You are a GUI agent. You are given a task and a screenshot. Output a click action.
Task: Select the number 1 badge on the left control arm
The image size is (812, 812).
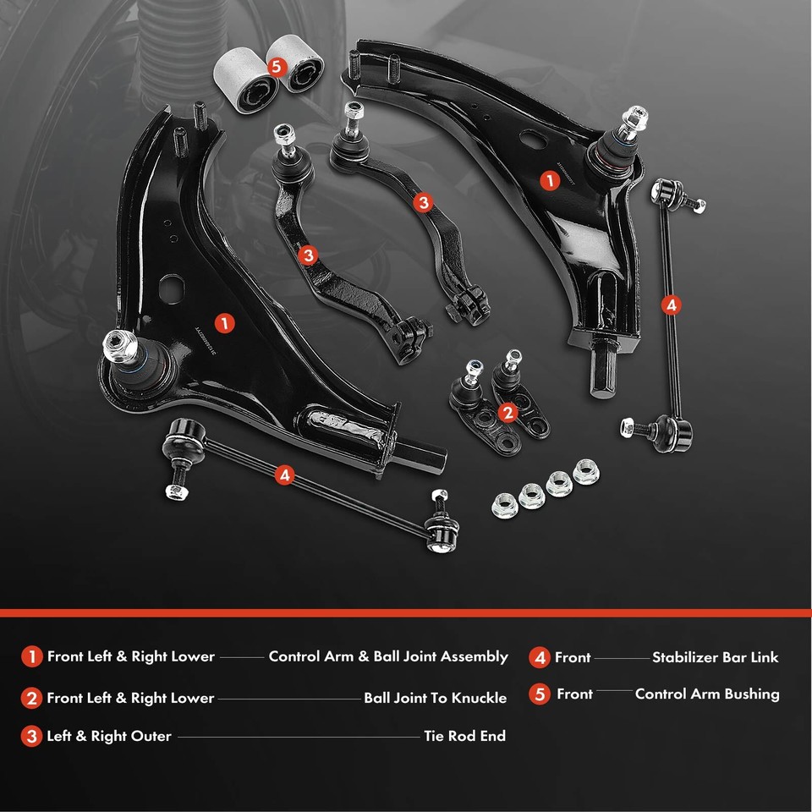coord(224,322)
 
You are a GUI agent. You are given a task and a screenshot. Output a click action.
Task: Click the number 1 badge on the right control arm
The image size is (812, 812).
coord(550,180)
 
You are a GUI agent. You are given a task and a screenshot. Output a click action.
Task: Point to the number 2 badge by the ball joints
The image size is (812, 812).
coord(507,412)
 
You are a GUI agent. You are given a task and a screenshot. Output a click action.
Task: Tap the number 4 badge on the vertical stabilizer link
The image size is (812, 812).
coord(671,304)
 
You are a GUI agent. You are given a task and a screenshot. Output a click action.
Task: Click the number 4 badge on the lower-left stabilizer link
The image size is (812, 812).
coord(284,475)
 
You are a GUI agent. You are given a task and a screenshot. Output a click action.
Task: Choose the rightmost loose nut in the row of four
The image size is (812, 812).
coord(584,470)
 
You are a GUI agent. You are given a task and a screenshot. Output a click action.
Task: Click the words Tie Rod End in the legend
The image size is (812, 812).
coord(464,736)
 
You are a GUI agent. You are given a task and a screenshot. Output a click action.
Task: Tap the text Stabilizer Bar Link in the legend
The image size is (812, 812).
coord(715,657)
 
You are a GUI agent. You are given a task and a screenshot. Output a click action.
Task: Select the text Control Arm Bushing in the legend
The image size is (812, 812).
coord(706,694)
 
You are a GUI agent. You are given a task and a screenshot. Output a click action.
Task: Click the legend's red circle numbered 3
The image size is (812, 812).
coord(31,737)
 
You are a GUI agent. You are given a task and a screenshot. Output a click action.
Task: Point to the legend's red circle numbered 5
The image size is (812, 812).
coord(540,694)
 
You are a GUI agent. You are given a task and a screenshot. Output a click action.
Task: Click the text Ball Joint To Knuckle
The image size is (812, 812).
coord(435,699)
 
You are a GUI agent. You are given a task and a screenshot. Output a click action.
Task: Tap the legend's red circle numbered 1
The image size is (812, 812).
coord(31,657)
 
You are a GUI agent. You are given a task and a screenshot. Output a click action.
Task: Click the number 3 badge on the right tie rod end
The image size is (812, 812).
coord(423,202)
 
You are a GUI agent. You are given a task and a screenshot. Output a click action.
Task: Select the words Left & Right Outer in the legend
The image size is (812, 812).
coord(109,737)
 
